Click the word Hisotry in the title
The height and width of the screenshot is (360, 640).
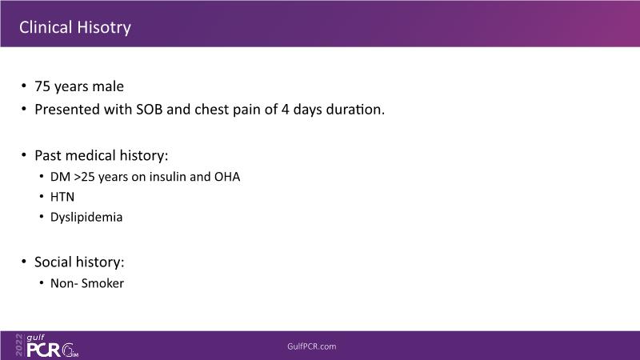point(104,28)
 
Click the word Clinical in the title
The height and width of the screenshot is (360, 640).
point(46,27)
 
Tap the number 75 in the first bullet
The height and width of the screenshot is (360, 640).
point(42,86)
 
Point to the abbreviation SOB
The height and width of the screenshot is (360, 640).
point(150,110)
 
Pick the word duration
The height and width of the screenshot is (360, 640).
point(355,110)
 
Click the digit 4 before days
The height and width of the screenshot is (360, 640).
point(285,110)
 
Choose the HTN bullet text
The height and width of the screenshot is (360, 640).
point(62,197)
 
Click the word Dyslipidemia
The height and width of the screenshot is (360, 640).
point(86,217)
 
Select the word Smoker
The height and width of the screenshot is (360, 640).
point(102,283)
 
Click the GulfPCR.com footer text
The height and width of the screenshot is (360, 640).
point(312,346)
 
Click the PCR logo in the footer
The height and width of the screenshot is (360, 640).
point(44,350)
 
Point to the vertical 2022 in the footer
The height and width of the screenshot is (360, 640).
point(19,346)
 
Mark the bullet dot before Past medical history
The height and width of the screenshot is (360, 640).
point(24,155)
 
